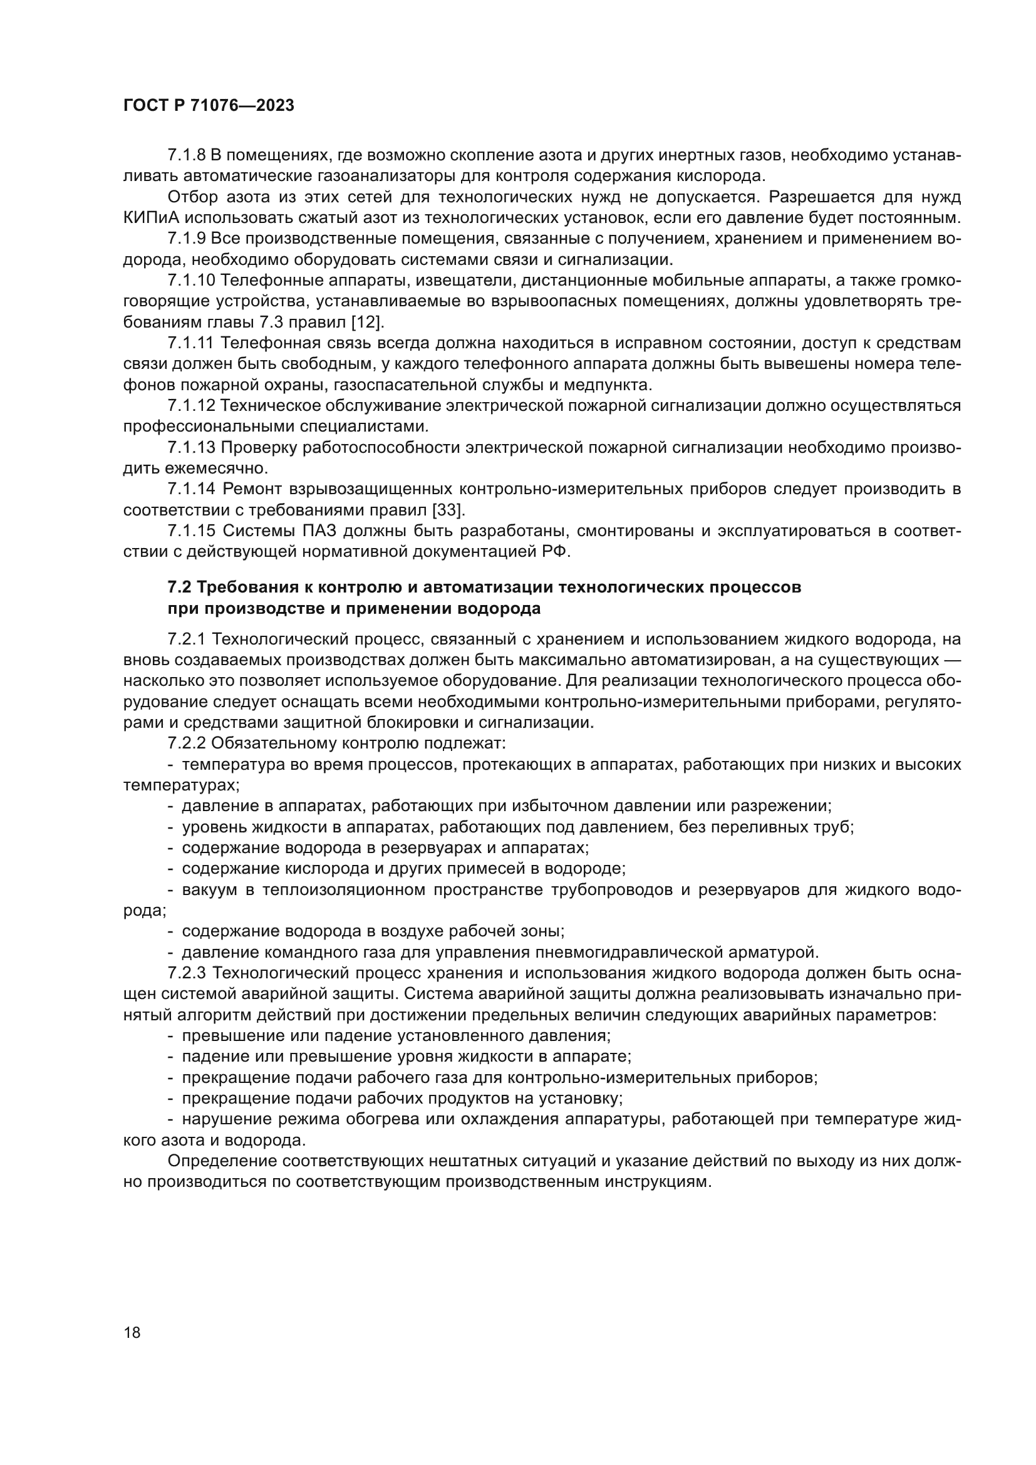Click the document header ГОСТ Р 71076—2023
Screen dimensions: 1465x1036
pyautogui.click(x=209, y=106)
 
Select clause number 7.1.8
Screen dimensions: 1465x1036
pyautogui.click(x=186, y=155)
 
